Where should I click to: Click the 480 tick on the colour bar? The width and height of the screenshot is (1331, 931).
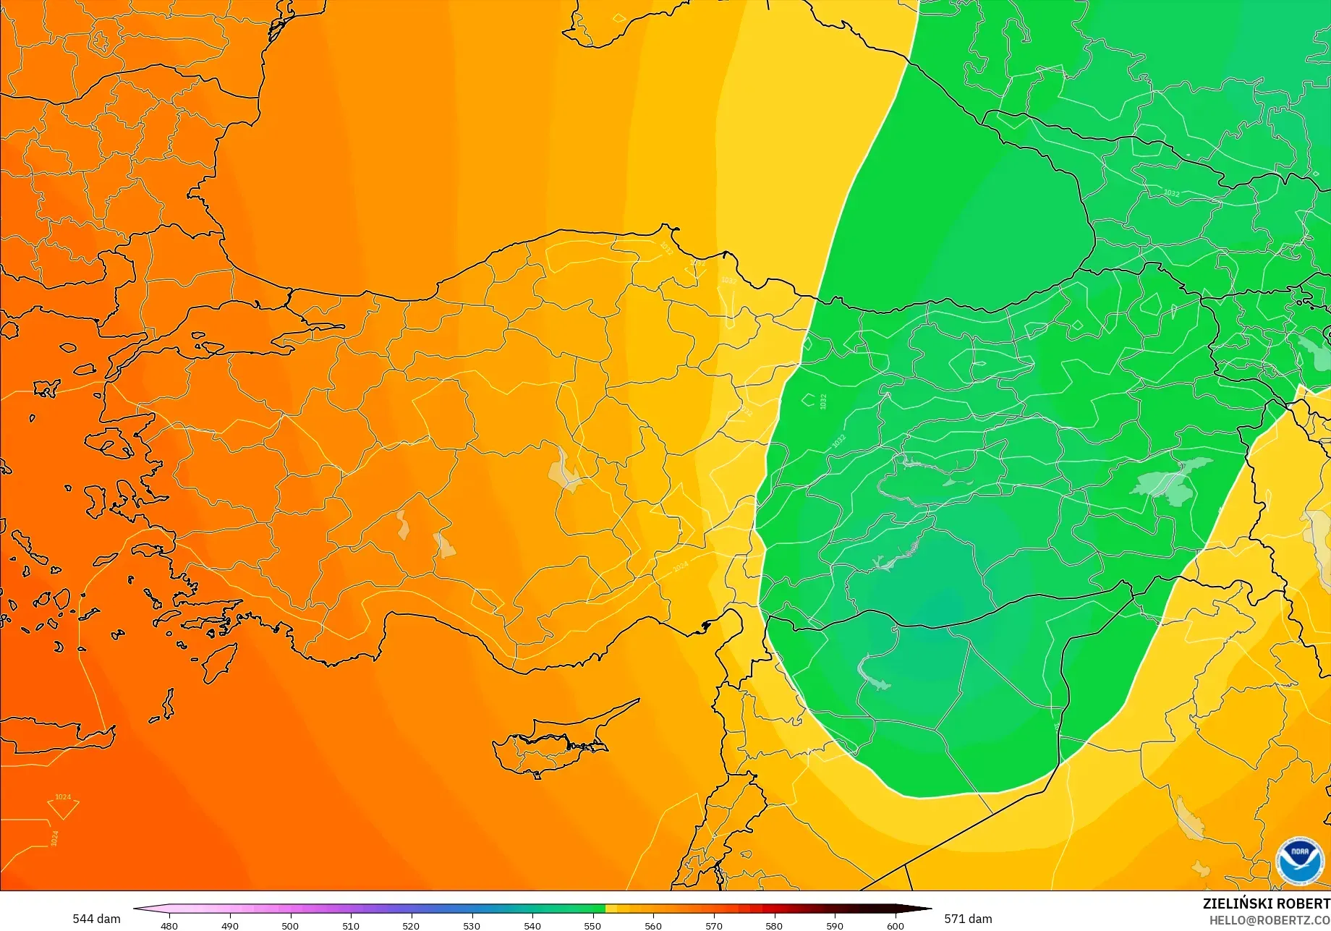pyautogui.click(x=169, y=925)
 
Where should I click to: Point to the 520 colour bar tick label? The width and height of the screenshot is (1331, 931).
pyautogui.click(x=411, y=925)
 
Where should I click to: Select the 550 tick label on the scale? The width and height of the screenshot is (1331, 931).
pyautogui.click(x=592, y=925)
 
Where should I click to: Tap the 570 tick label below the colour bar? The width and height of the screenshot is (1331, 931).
pyautogui.click(x=713, y=925)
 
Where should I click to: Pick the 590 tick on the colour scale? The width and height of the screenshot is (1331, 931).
pyautogui.click(x=835, y=925)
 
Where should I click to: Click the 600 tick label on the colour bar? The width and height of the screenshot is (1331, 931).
pyautogui.click(x=895, y=925)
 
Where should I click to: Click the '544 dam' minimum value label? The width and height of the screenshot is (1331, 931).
pyautogui.click(x=96, y=919)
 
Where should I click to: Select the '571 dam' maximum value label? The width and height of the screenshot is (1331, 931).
pyautogui.click(x=968, y=919)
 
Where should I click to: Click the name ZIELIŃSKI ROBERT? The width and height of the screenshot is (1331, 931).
pyautogui.click(x=1266, y=904)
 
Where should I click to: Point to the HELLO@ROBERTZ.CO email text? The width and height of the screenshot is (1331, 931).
pyautogui.click(x=1270, y=920)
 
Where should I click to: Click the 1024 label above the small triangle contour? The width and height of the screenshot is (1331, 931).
pyautogui.click(x=63, y=797)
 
